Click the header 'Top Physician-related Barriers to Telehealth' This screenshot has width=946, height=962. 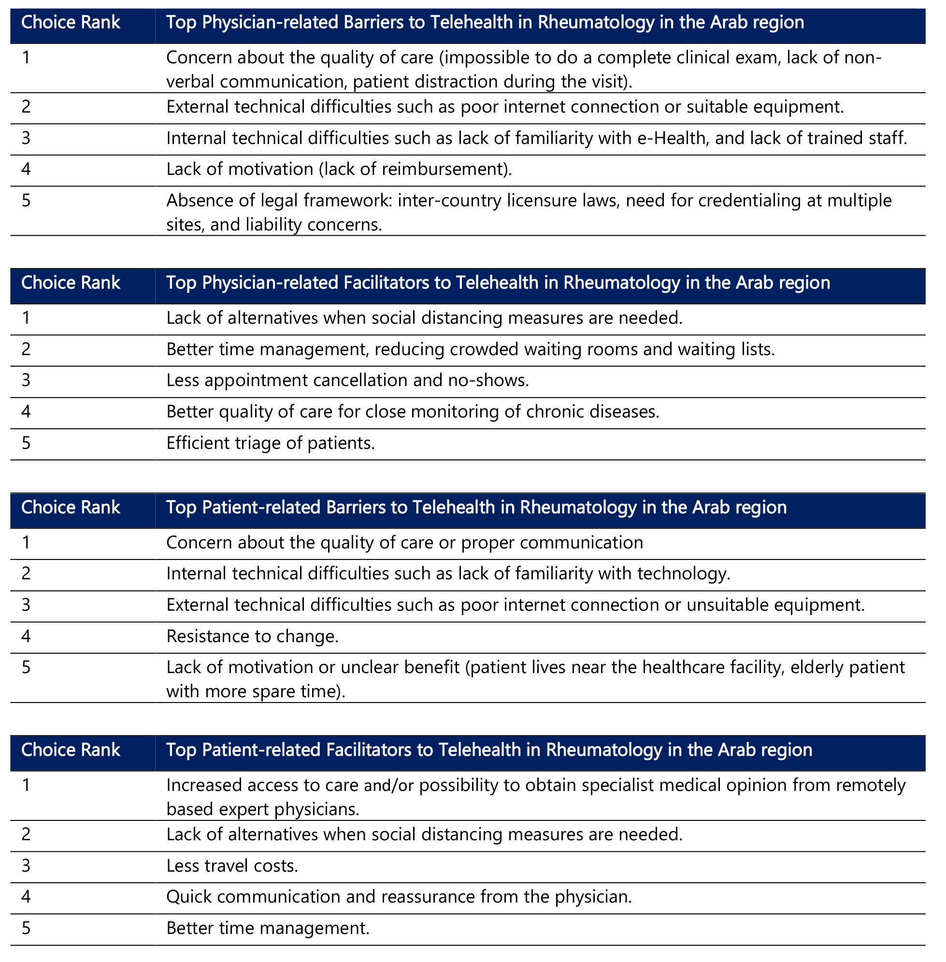click(x=485, y=23)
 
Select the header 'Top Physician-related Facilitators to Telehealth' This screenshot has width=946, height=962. click(x=497, y=283)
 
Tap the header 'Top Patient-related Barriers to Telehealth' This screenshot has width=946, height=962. click(x=476, y=507)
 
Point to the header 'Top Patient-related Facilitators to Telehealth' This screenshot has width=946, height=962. click(x=489, y=750)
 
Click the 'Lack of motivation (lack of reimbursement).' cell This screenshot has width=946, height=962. click(x=339, y=170)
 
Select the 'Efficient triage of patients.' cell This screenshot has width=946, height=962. click(x=270, y=443)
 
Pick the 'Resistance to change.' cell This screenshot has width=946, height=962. click(x=252, y=636)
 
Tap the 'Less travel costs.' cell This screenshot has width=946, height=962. click(x=232, y=866)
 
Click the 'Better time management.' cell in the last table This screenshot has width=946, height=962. click(x=268, y=928)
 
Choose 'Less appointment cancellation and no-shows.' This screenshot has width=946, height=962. click(x=347, y=381)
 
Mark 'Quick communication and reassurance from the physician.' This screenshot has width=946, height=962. click(x=399, y=897)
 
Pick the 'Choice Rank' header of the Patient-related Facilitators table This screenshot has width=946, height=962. click(x=71, y=750)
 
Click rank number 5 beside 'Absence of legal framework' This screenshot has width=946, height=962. click(x=27, y=201)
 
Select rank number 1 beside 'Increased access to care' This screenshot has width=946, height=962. click(x=27, y=786)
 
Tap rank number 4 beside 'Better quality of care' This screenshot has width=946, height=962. click(x=27, y=412)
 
